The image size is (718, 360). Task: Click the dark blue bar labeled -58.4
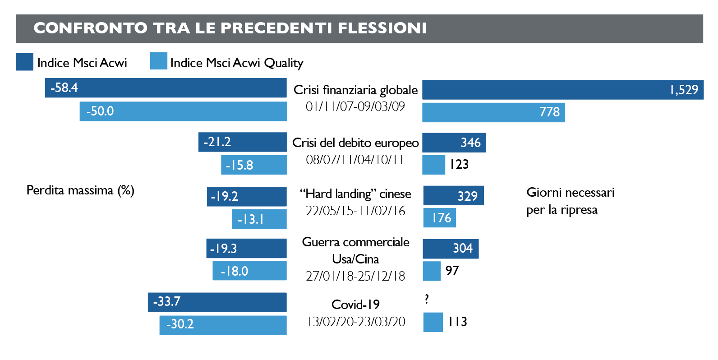[x=166, y=88]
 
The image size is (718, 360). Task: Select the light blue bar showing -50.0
[x=183, y=111]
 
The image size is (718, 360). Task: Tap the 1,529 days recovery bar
[x=562, y=90]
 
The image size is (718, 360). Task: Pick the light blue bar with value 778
[x=493, y=112]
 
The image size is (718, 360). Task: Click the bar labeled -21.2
[x=243, y=142]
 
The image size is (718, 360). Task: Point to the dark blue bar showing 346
[x=454, y=143]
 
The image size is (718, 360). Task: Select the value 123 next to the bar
[x=459, y=165]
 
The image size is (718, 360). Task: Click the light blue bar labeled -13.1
[x=259, y=219]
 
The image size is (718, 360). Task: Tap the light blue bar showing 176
[x=440, y=218]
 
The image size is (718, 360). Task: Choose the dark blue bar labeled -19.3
[x=246, y=249]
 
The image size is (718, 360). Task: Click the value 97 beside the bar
[x=452, y=271]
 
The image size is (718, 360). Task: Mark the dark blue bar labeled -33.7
[x=217, y=302]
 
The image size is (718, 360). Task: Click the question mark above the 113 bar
[x=427, y=299]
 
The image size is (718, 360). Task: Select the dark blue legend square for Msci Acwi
[x=24, y=62]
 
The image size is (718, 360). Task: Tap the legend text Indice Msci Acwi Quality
[x=237, y=63]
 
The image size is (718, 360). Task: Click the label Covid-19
[x=355, y=305]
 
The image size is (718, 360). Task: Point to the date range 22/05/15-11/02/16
[x=355, y=211]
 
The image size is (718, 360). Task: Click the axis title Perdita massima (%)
[x=80, y=190]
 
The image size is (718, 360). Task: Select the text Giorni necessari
[x=570, y=193]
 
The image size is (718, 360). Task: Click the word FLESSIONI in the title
[x=382, y=28]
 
